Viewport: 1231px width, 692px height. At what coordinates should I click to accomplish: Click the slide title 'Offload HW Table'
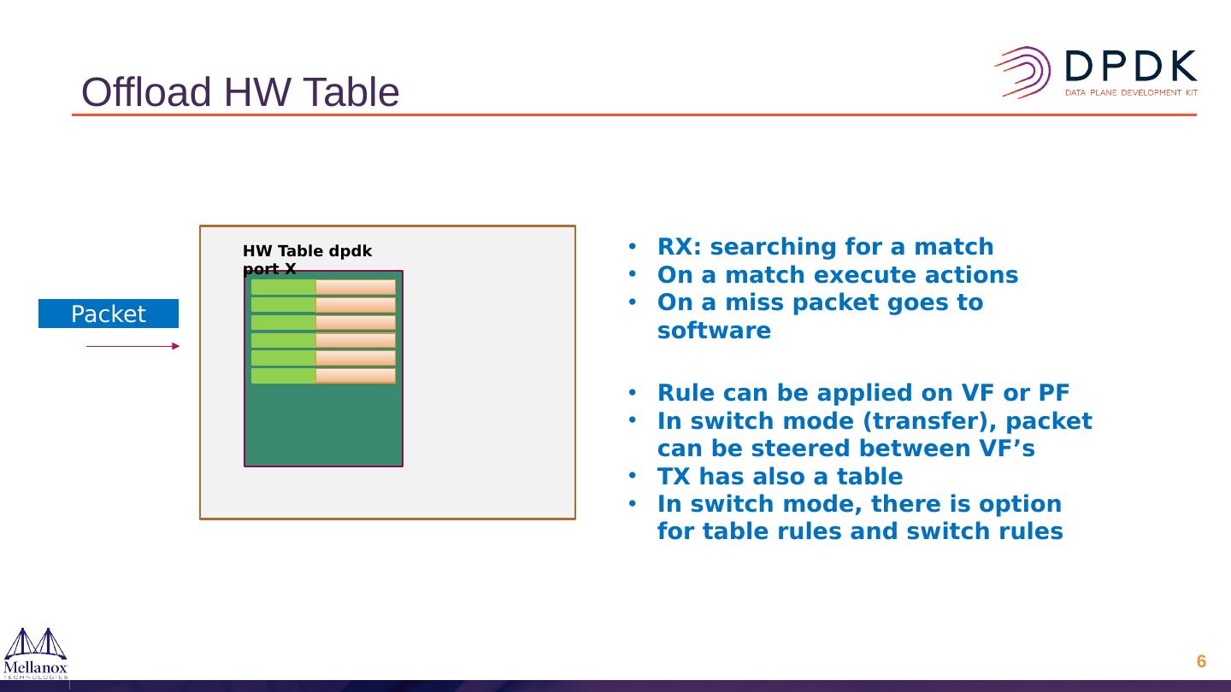(x=240, y=92)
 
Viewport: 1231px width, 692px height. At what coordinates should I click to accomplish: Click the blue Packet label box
(x=109, y=314)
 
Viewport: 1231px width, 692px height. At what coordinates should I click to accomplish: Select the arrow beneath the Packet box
(x=133, y=346)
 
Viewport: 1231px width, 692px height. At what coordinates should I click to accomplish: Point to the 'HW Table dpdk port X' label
(x=307, y=259)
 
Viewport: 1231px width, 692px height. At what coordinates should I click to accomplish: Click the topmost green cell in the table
(x=283, y=287)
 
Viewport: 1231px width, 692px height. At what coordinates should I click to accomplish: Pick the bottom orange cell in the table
(x=356, y=376)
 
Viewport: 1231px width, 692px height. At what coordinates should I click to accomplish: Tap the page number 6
(x=1201, y=661)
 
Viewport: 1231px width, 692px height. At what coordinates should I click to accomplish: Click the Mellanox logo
(x=36, y=653)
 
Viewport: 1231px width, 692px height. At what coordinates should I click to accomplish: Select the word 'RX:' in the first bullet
(x=680, y=247)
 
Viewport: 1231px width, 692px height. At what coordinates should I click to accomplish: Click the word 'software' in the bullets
(x=714, y=331)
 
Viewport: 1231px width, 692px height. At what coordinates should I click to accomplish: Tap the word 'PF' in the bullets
(x=1053, y=393)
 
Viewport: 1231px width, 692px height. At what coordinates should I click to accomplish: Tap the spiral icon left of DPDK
(x=1023, y=72)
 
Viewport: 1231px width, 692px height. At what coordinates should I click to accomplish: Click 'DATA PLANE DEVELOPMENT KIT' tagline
(x=1130, y=92)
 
